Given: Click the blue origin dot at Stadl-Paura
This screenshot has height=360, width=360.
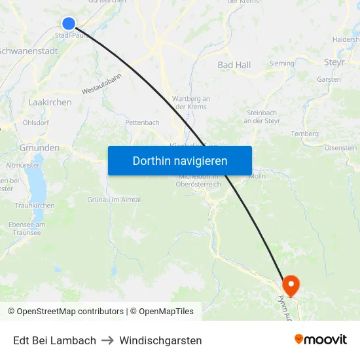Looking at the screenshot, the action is [x=69, y=24].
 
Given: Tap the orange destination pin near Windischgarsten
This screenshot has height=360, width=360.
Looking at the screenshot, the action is [x=290, y=285].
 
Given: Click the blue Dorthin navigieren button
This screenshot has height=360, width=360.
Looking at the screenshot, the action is [x=180, y=160].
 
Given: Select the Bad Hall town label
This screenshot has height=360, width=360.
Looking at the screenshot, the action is [x=234, y=65].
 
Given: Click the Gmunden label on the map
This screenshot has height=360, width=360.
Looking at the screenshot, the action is [x=39, y=148].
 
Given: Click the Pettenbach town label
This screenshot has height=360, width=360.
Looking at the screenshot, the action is [x=142, y=122].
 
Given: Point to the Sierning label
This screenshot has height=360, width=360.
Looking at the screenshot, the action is [x=281, y=63].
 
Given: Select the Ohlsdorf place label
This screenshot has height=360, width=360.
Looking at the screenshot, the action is [x=35, y=122].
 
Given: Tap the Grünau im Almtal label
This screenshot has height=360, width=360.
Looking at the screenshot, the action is [x=114, y=199].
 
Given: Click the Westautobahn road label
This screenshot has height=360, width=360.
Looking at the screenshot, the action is [x=102, y=84].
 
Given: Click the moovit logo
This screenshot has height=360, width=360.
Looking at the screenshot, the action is [x=320, y=340].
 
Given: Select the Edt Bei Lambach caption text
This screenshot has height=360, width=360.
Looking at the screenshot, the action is [x=54, y=340].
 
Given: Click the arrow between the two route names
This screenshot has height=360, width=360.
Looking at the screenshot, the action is [x=108, y=340].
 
